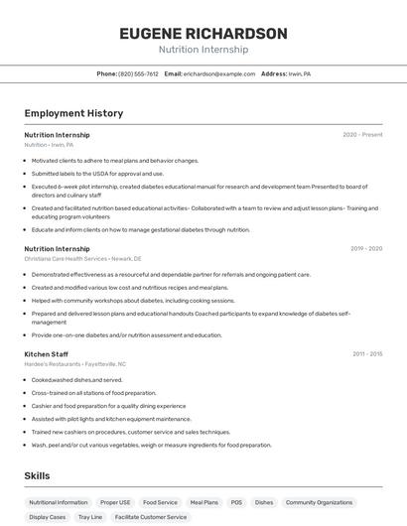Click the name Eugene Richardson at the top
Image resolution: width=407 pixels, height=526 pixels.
tap(203, 33)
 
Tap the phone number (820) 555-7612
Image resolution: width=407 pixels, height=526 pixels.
tap(138, 73)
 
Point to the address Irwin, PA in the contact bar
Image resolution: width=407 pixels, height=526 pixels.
tap(299, 73)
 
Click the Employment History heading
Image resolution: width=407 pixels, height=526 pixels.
tap(73, 113)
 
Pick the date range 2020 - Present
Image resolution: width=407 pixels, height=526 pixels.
tap(362, 134)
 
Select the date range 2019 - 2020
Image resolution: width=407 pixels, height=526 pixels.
tap(366, 248)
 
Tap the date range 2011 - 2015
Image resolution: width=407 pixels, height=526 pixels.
tap(366, 353)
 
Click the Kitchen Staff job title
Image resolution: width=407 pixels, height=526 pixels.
tap(46, 353)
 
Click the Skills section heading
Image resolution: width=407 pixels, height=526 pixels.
tap(38, 476)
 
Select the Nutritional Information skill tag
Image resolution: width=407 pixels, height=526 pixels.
tap(59, 502)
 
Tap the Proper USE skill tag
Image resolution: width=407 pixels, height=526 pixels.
tap(115, 502)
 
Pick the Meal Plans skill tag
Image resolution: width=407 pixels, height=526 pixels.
tap(203, 502)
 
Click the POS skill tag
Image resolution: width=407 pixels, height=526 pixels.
tap(236, 502)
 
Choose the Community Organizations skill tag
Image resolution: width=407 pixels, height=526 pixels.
tap(320, 502)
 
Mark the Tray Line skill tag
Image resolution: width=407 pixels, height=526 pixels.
tap(90, 517)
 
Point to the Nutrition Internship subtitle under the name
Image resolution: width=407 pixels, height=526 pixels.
tap(203, 50)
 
